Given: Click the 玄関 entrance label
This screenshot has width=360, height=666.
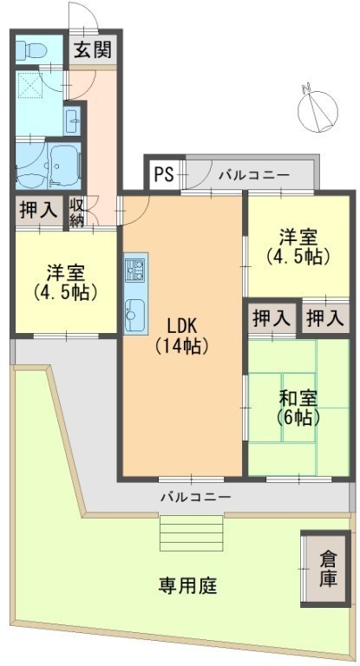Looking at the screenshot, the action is click(93, 50).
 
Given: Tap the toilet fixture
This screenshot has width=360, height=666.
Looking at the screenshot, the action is click(31, 50).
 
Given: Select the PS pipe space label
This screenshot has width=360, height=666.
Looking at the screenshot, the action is click(164, 174).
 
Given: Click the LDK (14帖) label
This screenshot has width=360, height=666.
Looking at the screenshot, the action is click(181, 336).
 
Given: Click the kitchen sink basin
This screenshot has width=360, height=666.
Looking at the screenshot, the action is click(135, 315).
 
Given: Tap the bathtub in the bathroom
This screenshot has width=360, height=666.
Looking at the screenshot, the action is click(63, 165).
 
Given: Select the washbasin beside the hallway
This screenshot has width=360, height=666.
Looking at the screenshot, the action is click(72, 121).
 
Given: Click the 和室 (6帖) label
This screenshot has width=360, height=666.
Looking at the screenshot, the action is click(298, 408).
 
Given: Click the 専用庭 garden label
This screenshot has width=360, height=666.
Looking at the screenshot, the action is click(188, 586).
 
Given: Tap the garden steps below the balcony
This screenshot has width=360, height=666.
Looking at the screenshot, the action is click(192, 534).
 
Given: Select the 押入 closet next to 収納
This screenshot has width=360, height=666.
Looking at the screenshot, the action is click(39, 210).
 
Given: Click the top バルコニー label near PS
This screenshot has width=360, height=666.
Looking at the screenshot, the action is click(254, 175).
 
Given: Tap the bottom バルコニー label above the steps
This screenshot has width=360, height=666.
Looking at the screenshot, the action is click(196, 497).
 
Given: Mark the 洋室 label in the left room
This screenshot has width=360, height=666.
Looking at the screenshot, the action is click(65, 272).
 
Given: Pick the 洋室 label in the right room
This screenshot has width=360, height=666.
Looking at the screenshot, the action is click(298, 237).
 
